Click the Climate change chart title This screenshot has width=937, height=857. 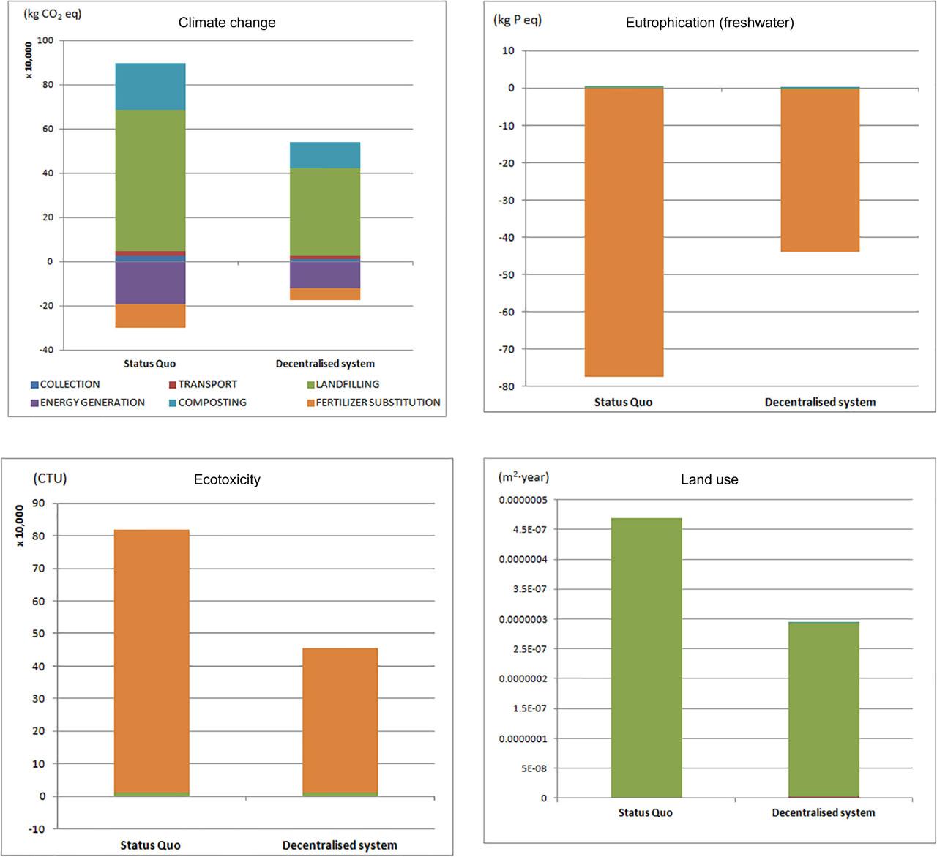click(227, 23)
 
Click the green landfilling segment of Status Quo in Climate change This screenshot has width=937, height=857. click(150, 180)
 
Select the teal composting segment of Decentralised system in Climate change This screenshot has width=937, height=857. click(325, 155)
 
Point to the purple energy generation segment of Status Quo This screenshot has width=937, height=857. click(150, 283)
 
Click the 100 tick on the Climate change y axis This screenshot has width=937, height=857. click(45, 40)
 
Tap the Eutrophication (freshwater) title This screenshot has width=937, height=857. click(709, 23)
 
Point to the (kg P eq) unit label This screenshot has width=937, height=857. click(518, 20)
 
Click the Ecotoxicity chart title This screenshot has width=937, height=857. click(227, 480)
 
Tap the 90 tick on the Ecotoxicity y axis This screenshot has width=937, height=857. click(37, 504)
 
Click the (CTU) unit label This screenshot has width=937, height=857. click(50, 479)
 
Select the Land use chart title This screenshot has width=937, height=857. click(709, 480)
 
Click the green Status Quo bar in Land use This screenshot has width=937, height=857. click(646, 658)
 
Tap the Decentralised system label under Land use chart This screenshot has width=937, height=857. click(823, 812)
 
